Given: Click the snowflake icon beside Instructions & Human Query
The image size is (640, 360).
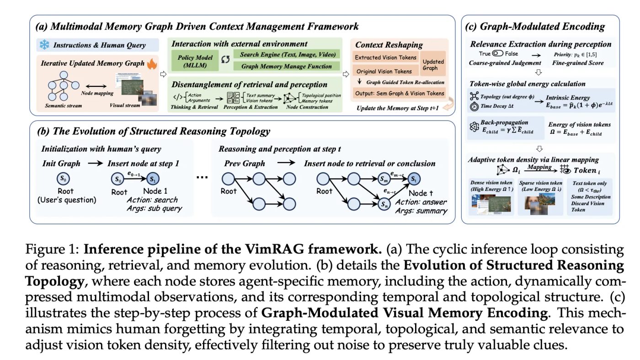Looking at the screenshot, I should click(x=45, y=45).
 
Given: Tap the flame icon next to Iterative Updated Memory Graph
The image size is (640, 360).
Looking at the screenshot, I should click(x=152, y=64).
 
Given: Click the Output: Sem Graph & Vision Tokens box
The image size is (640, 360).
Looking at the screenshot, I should click(x=399, y=94).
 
